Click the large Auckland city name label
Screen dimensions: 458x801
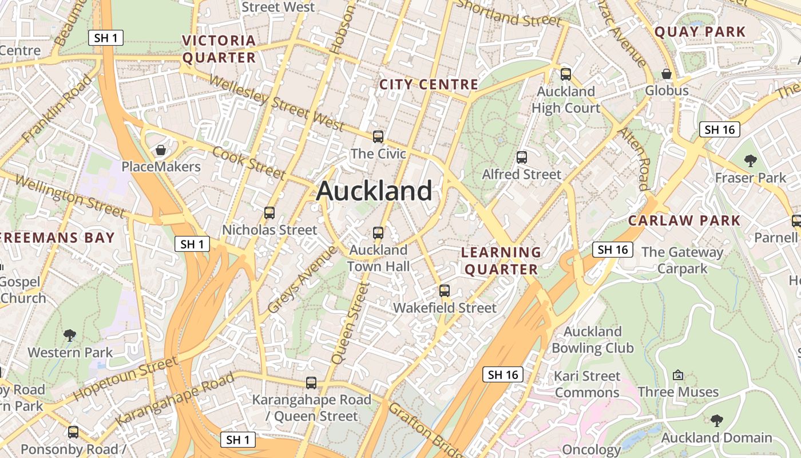point(374,191)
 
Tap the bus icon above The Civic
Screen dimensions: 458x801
point(378,137)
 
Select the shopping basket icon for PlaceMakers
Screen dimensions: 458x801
point(161,150)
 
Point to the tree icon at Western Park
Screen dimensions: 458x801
point(70,335)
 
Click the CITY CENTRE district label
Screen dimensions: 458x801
point(429,85)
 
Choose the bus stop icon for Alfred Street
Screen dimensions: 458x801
point(521,157)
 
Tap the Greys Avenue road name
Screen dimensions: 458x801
point(303,280)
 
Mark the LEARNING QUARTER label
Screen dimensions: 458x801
point(501,260)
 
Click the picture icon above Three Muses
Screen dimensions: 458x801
point(678,375)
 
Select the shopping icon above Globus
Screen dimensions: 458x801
point(667,74)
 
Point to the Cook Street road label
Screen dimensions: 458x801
point(248,162)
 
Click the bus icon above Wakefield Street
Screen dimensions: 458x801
point(445,291)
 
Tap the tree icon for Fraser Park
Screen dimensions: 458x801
point(751,161)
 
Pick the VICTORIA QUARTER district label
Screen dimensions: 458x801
point(219,49)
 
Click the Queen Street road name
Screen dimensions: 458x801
point(351,323)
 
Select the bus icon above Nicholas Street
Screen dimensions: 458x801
point(269,213)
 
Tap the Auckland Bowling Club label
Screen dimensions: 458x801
point(593,339)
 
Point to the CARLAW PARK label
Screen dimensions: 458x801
point(684,220)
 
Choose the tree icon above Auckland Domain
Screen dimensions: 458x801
point(716,421)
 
